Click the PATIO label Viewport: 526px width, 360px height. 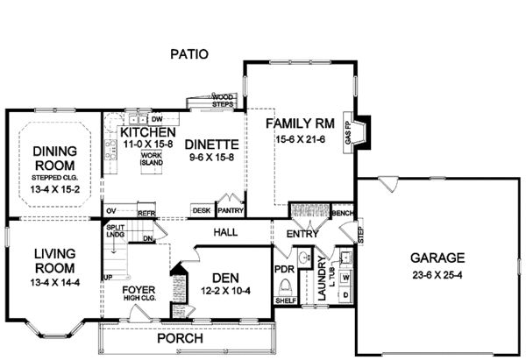pos(190,54)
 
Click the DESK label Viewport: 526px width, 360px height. pos(202,210)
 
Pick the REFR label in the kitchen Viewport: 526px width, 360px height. pos(146,211)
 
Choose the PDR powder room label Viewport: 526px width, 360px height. pos(282,270)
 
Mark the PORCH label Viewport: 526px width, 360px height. pos(180,338)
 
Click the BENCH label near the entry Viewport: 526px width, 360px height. pos(342,213)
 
